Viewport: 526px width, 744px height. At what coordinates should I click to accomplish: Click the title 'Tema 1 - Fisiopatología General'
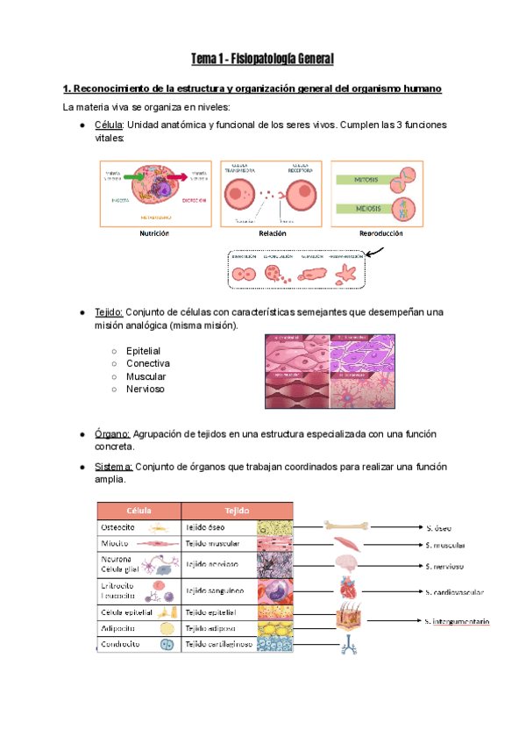click(x=263, y=60)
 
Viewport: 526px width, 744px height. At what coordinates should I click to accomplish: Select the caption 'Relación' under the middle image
click(x=273, y=234)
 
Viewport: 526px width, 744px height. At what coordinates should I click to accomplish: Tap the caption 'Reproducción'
click(x=380, y=234)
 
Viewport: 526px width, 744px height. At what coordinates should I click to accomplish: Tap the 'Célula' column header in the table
click(x=138, y=511)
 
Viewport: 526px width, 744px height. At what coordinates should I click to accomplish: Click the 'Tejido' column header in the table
click(x=237, y=511)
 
